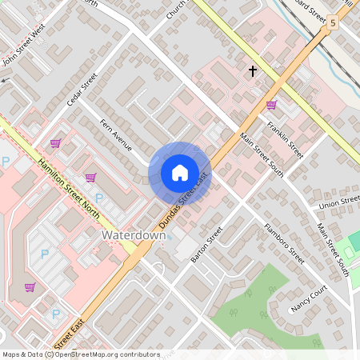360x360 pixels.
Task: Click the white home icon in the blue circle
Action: click(179, 173)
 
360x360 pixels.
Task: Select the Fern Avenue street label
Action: click(116, 134)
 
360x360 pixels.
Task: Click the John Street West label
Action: click(24, 47)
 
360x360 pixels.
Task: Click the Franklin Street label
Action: click(286, 138)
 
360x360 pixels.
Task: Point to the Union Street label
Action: click(339, 203)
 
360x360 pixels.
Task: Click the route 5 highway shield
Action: click(331, 25)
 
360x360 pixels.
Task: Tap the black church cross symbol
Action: click(253, 71)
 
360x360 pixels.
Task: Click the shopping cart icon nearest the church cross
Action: click(271, 105)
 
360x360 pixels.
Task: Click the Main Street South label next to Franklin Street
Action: click(262, 156)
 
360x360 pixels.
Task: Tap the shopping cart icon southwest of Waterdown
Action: click(30, 287)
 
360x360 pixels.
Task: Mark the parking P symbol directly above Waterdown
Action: click(99, 198)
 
